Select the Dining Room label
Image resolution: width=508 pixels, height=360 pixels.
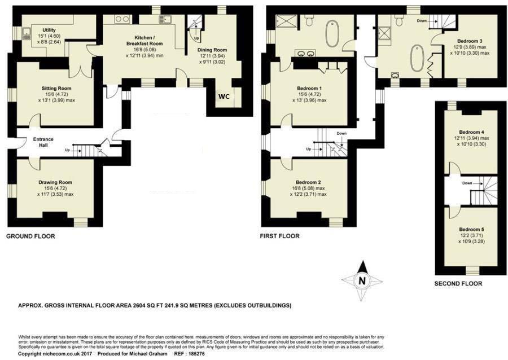coord(212,50)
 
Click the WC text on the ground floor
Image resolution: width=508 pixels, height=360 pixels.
coord(224,96)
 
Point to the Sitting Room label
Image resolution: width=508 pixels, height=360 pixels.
coord(56,89)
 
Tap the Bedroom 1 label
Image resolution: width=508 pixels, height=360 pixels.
coord(309,89)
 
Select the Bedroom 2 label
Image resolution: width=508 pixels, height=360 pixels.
coord(308,182)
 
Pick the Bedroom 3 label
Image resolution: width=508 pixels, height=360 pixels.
coord(470,41)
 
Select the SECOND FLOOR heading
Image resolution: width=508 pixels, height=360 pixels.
coord(458,283)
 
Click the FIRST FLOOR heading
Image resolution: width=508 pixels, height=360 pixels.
coord(279,236)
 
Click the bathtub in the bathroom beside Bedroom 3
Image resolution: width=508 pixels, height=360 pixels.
coord(417,58)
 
